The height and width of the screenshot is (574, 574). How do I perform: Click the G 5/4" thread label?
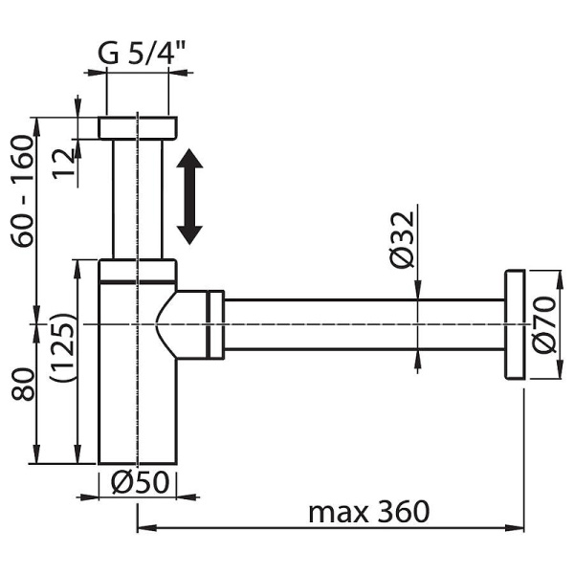click(142, 53)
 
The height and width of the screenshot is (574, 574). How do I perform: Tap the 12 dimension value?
click(63, 164)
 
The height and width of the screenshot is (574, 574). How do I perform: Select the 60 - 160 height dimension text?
click(23, 191)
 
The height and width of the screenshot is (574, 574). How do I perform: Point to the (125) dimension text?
click(62, 347)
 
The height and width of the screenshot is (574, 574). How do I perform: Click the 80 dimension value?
click(23, 384)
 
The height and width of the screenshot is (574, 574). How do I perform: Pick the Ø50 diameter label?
click(141, 482)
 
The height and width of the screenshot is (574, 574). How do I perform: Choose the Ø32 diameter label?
click(402, 240)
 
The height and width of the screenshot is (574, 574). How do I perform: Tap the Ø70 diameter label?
click(543, 325)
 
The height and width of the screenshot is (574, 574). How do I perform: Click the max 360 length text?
click(369, 512)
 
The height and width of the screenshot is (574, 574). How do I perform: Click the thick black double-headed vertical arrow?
click(189, 196)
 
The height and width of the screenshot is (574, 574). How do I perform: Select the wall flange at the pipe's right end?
click(515, 324)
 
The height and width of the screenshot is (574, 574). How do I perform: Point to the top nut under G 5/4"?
click(138, 128)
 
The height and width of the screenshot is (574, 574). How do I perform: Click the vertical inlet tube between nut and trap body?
click(137, 200)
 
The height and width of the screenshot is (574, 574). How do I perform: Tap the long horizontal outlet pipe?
click(364, 324)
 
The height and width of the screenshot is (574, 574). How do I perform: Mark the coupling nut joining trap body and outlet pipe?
click(215, 324)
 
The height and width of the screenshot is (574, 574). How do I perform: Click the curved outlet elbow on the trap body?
click(182, 324)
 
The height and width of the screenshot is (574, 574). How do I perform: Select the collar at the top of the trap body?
click(138, 271)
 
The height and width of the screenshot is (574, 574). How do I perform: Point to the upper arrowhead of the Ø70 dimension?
click(560, 281)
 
